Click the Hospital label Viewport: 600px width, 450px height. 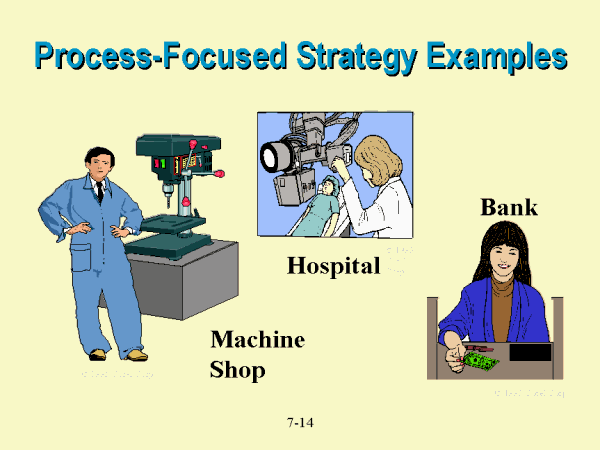click(334, 266)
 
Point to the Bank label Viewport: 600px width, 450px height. click(509, 208)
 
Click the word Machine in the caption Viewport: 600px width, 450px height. click(257, 340)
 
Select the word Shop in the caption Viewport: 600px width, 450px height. click(238, 370)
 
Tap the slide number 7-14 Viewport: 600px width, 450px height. click(300, 423)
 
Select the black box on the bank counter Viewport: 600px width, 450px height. click(529, 352)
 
